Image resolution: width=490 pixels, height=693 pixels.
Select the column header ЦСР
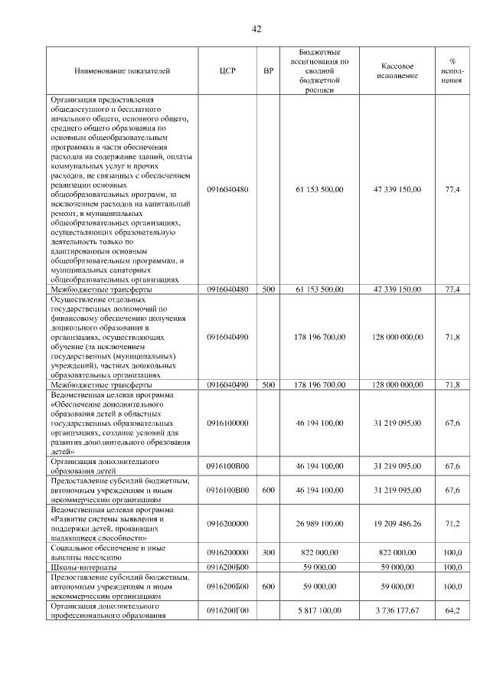227,70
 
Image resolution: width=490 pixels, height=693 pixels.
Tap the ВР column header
268,70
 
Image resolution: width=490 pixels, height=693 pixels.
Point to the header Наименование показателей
122,70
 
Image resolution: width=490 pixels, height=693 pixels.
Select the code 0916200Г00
227,610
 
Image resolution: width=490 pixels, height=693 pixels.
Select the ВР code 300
268,551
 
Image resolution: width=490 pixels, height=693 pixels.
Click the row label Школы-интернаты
83,567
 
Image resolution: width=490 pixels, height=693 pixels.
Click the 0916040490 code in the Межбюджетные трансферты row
227,384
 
